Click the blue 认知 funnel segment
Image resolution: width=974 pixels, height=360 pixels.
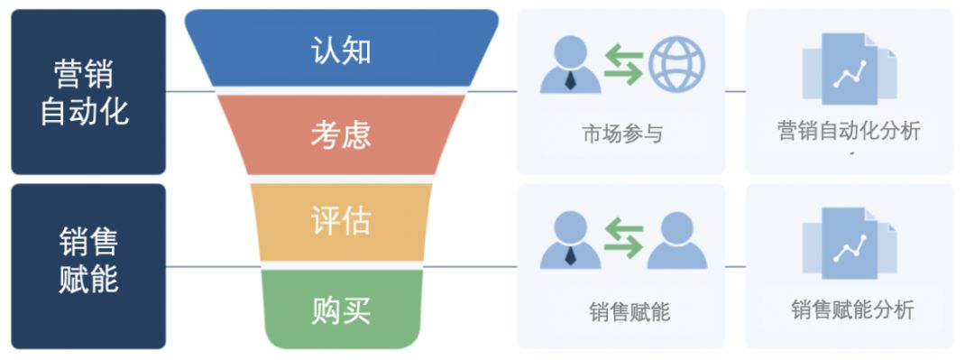pos(341,50)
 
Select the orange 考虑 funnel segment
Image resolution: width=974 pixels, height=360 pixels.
pos(341,134)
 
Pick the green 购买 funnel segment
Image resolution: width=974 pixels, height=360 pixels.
pos(341,309)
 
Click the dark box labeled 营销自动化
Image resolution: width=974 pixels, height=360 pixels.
pos(87,91)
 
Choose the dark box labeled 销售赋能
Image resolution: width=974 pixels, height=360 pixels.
pos(87,265)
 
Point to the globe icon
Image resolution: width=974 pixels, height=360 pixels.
pos(676,64)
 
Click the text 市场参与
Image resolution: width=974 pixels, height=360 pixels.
pos(621,134)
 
